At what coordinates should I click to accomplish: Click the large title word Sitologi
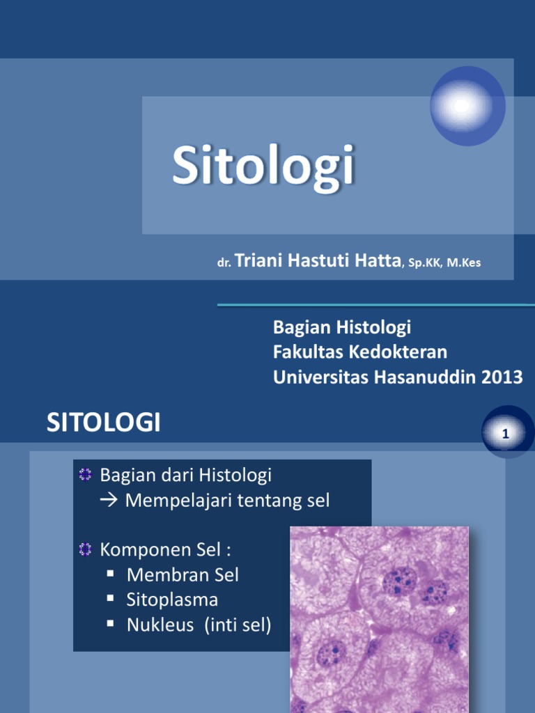[263, 166]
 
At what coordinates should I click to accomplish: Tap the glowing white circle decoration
[460, 106]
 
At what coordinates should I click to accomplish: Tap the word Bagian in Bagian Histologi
[300, 327]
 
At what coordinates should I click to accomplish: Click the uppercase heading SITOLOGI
[104, 423]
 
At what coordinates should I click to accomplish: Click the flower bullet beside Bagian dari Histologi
[86, 475]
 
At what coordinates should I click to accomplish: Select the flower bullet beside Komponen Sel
[86, 550]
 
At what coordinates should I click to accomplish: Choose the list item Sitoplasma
[173, 600]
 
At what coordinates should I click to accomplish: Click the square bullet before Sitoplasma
[111, 598]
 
